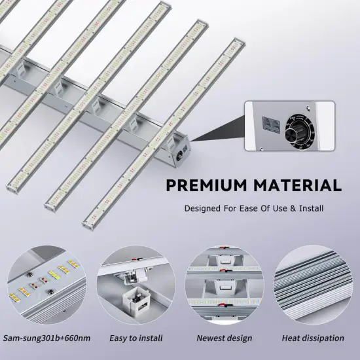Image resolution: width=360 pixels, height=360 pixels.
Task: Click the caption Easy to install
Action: tap(135, 338)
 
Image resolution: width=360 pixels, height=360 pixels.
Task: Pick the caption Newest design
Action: tap(224, 338)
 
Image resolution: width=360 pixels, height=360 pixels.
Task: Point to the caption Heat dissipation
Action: tap(312, 338)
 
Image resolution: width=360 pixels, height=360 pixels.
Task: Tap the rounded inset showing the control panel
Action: tap(289, 126)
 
